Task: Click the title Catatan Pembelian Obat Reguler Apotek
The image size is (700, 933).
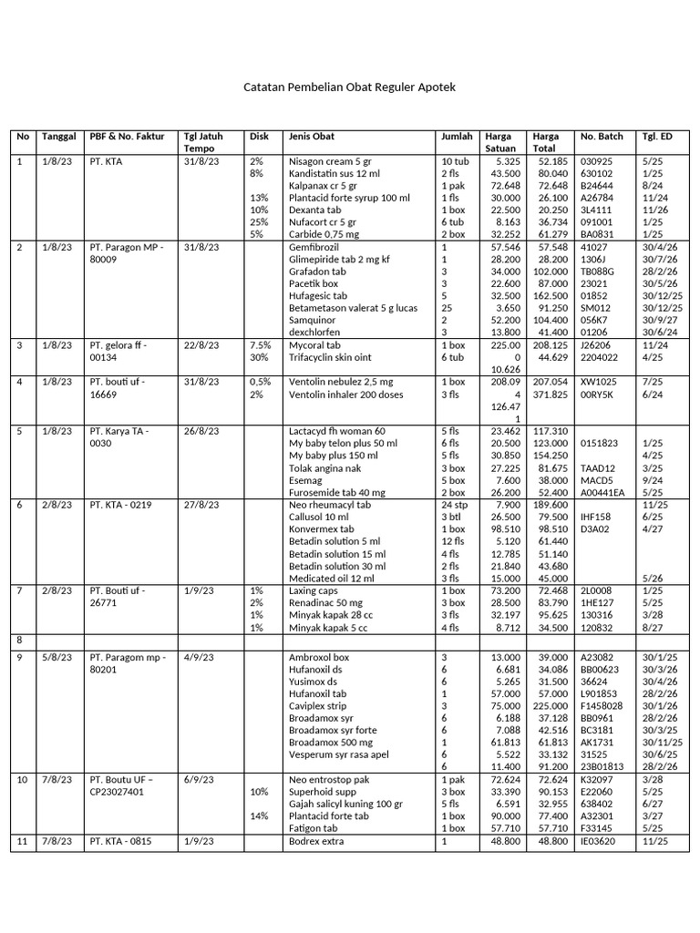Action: click(349, 87)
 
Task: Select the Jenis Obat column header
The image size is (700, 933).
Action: click(312, 137)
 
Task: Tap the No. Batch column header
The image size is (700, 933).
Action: click(602, 137)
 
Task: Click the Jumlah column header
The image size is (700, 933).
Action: click(457, 137)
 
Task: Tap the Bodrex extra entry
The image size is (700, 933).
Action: click(318, 841)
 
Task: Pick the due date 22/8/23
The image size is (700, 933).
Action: click(201, 345)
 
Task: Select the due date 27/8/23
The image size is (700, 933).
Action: click(201, 505)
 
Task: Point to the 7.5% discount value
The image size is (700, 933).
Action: click(260, 345)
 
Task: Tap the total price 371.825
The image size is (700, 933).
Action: click(551, 395)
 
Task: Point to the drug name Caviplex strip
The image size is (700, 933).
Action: click(317, 706)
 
